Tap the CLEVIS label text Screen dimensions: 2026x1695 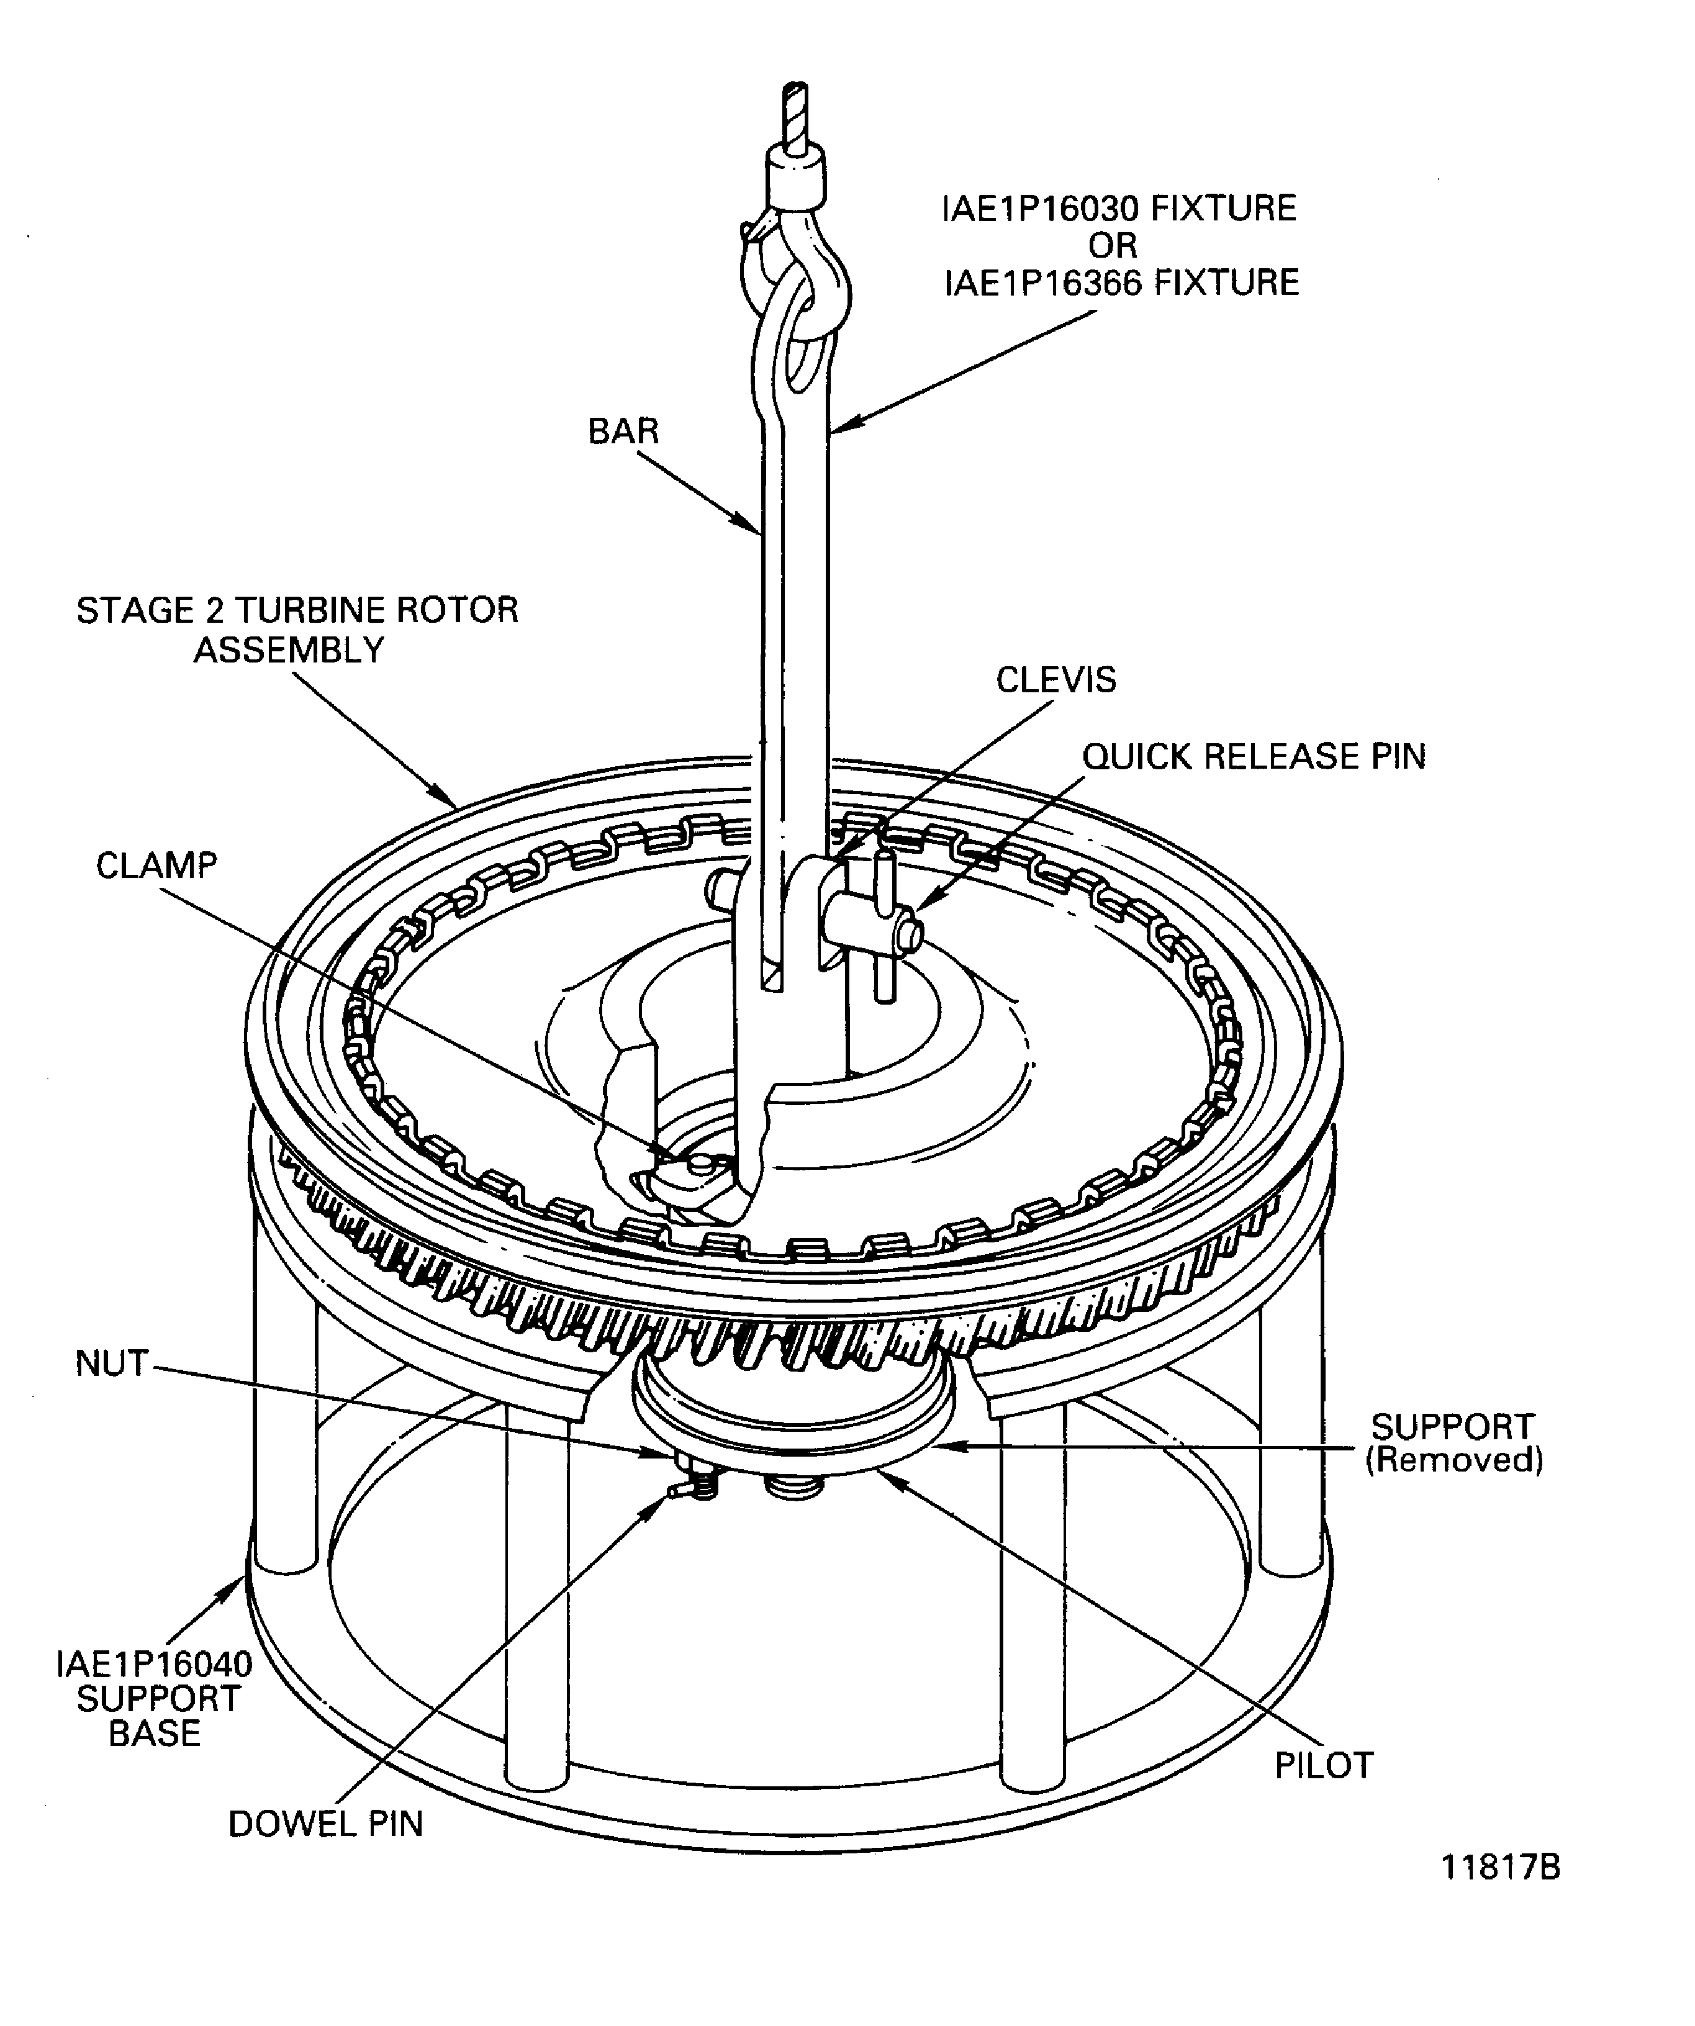pyautogui.click(x=1055, y=680)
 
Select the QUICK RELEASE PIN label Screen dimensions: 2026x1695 pyautogui.click(x=1253, y=756)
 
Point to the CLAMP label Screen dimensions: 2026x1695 pyautogui.click(x=156, y=866)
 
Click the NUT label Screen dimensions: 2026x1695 pyautogui.click(x=112, y=1363)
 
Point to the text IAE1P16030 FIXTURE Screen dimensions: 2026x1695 pyautogui.click(x=1119, y=209)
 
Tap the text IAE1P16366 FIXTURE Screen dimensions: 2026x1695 pyautogui.click(x=1121, y=283)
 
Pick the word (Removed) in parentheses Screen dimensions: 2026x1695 pyautogui.click(x=1454, y=1460)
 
